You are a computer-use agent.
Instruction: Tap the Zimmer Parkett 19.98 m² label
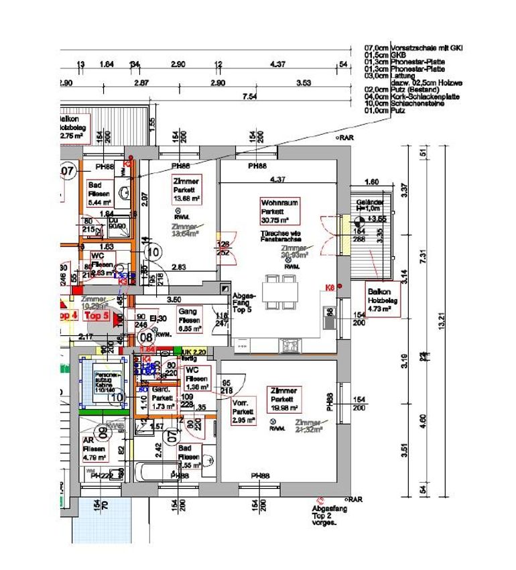click(284, 399)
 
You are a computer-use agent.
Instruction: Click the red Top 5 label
click(96, 316)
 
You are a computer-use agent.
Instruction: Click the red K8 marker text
click(330, 288)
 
